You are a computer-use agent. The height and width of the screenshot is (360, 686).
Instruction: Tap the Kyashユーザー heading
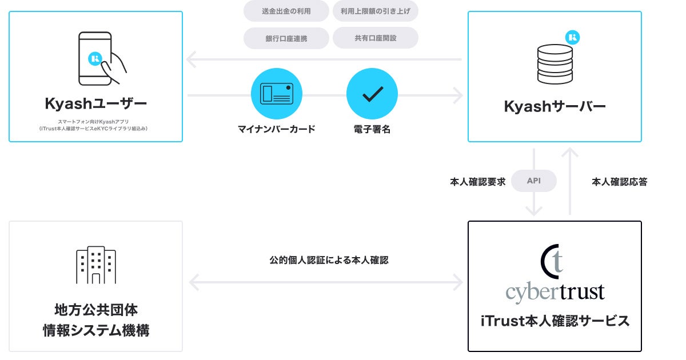pos(95,104)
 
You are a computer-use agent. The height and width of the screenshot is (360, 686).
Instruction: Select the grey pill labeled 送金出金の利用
pos(286,11)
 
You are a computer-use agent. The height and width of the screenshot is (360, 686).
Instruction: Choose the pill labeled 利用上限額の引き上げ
pos(376,11)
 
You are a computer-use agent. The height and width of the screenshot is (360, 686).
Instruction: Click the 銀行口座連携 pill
pos(286,38)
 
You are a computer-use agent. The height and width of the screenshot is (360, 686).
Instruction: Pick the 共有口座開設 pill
pos(376,38)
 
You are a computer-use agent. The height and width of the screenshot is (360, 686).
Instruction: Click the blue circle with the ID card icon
pos(277,94)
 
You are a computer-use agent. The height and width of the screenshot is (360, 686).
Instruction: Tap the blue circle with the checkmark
pos(372,94)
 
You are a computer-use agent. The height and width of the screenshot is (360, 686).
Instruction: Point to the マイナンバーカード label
pos(277,129)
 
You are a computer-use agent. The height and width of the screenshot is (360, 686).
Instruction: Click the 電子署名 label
pos(372,129)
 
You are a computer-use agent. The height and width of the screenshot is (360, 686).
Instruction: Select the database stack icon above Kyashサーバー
pos(555,64)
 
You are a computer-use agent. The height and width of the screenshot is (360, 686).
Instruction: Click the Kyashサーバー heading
pos(555,106)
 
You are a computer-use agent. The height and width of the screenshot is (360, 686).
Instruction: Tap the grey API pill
pos(533,181)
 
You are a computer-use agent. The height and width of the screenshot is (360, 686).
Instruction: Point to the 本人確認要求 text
pos(477,182)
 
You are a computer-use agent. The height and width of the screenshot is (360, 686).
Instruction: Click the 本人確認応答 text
pos(619,182)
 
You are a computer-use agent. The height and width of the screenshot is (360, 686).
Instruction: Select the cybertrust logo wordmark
pos(555,292)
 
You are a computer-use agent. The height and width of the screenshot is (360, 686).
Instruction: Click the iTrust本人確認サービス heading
pos(555,321)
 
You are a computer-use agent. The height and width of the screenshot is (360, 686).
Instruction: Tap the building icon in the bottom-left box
pos(96,266)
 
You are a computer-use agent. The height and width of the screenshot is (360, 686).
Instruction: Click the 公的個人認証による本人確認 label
pos(329,260)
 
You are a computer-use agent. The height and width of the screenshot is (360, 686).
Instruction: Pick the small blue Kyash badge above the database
pos(573,38)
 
